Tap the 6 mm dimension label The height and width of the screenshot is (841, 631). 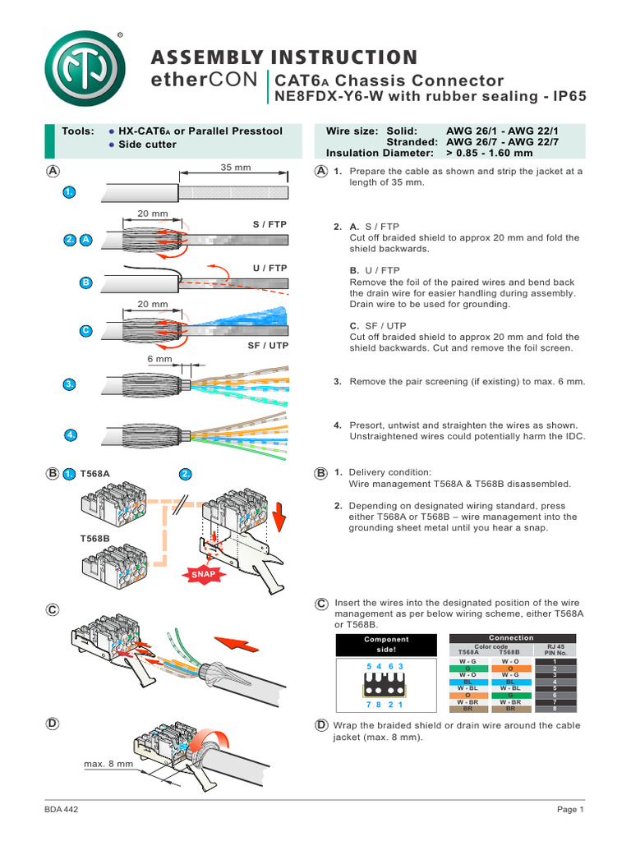coord(159,360)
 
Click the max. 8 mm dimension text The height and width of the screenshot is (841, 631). coord(108,764)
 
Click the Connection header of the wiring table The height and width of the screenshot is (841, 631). coord(511,637)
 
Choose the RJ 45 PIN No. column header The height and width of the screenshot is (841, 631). coord(555,650)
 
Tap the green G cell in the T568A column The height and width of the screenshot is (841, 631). coord(468,668)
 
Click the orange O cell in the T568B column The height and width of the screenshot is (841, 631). coord(510,668)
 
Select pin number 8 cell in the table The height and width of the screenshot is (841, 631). coord(555,708)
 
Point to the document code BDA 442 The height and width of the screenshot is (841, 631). coord(62,810)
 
